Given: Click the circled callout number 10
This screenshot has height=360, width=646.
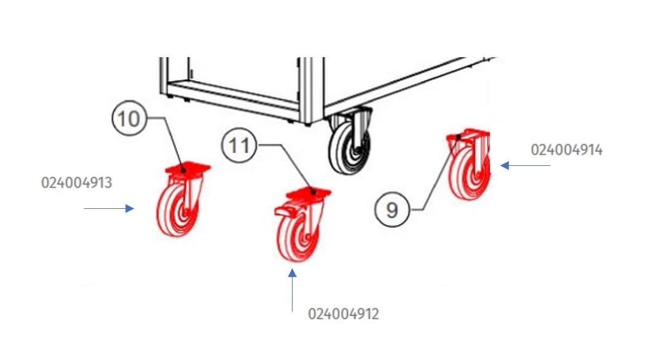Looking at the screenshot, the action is [x=129, y=118].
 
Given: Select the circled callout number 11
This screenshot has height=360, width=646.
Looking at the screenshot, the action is [x=239, y=145].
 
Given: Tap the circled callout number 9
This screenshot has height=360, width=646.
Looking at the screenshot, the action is [x=392, y=209].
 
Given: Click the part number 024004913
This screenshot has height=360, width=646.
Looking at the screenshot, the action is [x=77, y=182].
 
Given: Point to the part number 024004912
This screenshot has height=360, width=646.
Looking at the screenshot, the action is [x=344, y=314].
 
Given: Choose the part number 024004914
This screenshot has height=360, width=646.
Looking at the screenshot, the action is [x=567, y=149].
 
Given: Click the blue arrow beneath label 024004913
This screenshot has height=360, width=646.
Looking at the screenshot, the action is [x=109, y=208].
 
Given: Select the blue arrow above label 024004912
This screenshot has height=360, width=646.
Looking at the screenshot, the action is [x=293, y=290].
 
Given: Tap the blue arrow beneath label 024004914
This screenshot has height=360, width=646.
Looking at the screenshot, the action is [x=526, y=166].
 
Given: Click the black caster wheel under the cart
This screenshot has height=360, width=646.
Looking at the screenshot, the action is [x=349, y=147].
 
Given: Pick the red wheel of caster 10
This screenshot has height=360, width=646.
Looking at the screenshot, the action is [x=177, y=210].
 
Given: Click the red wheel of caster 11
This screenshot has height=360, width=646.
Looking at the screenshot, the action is [x=297, y=237].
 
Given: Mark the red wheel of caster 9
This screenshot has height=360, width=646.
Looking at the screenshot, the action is [x=469, y=174].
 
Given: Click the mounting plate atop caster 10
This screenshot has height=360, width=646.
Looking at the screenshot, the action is [x=187, y=168].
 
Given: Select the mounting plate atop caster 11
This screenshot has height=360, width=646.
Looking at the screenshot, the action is [x=309, y=193].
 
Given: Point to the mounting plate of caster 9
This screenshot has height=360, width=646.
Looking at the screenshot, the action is [x=468, y=135].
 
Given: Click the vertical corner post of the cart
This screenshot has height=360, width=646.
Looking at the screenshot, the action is [x=311, y=91].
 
